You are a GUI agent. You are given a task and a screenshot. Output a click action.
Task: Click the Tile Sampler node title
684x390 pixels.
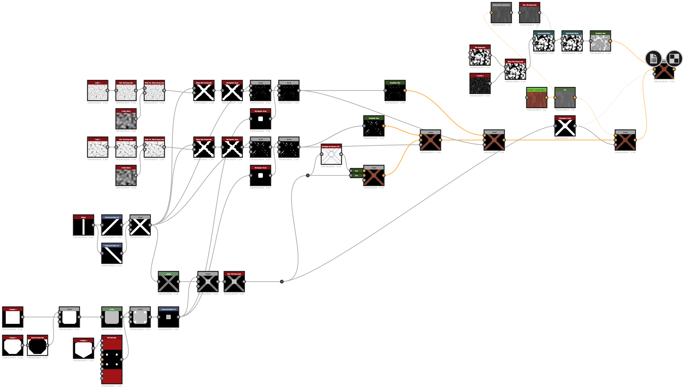point(112,338)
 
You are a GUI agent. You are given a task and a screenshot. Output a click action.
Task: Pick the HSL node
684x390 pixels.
point(565,99)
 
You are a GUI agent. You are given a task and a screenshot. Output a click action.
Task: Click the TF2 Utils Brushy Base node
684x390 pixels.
point(536,99)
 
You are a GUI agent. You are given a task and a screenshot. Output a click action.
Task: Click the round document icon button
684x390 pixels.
point(653,59)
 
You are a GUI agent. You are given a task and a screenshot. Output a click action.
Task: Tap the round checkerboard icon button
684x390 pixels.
point(674,59)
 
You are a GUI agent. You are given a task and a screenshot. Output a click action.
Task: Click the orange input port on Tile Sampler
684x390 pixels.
point(102,359)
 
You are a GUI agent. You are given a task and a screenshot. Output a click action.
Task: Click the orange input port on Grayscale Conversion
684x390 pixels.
point(492,13)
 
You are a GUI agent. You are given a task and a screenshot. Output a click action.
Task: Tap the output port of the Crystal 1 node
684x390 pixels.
point(490,83)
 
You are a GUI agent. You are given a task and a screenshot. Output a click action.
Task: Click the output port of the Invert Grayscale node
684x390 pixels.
point(47,345)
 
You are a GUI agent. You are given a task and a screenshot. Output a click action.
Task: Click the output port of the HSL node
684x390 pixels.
point(575,98)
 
